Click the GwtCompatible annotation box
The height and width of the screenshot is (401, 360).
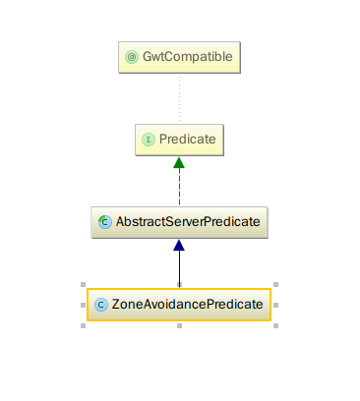click(x=179, y=57)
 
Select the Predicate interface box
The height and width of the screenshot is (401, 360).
click(x=179, y=140)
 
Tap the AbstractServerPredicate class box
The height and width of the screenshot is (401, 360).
click(x=179, y=222)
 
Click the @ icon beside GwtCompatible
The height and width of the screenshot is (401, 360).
click(x=131, y=57)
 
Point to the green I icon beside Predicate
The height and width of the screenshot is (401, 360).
click(x=149, y=140)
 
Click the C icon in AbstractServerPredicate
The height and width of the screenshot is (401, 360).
click(x=104, y=222)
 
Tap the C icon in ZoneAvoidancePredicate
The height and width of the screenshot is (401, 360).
click(x=100, y=305)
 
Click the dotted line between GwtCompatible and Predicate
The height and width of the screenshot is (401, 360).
click(x=179, y=98)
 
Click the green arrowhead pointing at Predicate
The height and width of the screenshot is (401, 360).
click(x=179, y=164)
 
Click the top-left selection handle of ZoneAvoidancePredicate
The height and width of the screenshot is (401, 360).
click(x=82, y=285)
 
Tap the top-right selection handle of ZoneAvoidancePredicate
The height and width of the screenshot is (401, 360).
click(x=275, y=285)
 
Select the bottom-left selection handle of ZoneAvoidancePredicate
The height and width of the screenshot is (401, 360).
click(x=82, y=325)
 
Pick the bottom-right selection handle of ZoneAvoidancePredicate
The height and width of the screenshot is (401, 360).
click(x=275, y=325)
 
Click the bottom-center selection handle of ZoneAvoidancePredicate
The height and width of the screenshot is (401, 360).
click(x=179, y=325)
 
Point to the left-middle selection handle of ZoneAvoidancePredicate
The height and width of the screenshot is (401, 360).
click(x=82, y=305)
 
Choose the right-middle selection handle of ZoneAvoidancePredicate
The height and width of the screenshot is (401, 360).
click(x=275, y=305)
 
